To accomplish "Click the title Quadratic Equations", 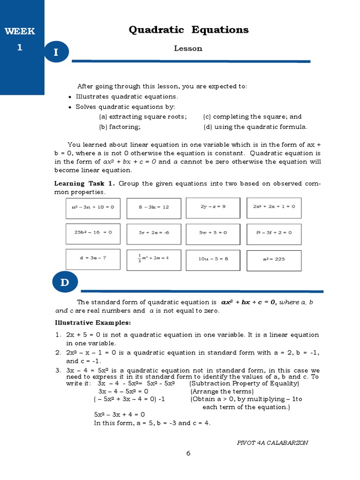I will click(x=188, y=30).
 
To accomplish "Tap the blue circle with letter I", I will click(x=56, y=52).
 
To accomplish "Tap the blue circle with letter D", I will click(x=64, y=283).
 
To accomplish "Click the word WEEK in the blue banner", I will click(x=20, y=32).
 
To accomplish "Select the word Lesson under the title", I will click(x=188, y=49).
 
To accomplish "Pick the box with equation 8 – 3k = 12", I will click(x=153, y=207).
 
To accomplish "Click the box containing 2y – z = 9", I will click(x=213, y=207).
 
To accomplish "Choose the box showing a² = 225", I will click(x=274, y=259).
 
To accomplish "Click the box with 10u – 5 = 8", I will click(x=213, y=259).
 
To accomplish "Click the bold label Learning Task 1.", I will click(x=84, y=183).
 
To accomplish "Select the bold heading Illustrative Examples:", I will click(x=93, y=323).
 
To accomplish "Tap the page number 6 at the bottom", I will click(x=188, y=453).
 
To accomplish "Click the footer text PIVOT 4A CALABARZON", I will click(x=273, y=442).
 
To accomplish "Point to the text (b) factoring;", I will click(x=120, y=127).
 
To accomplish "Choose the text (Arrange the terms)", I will click(x=222, y=391).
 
